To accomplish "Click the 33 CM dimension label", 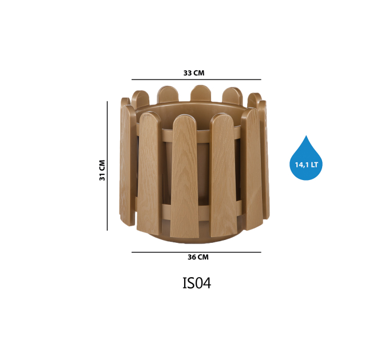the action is click(194, 73).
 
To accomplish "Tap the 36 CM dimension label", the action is click(198, 257).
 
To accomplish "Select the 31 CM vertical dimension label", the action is click(102, 170).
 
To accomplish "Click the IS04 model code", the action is click(197, 283).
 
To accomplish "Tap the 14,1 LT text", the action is click(306, 165).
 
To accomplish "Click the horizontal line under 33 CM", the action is click(196, 79).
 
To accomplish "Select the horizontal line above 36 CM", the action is click(196, 252).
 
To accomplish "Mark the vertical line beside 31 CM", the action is click(107, 166).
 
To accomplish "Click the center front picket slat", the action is click(185, 177).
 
